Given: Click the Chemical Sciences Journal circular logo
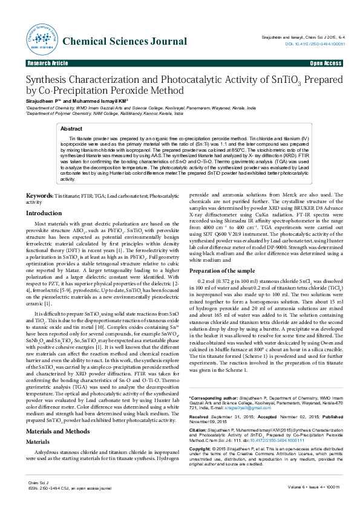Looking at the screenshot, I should (40, 39).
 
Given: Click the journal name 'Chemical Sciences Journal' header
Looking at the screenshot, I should (125, 42).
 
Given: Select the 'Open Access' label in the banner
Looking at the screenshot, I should (326, 63).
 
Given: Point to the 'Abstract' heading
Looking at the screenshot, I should (72, 129).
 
